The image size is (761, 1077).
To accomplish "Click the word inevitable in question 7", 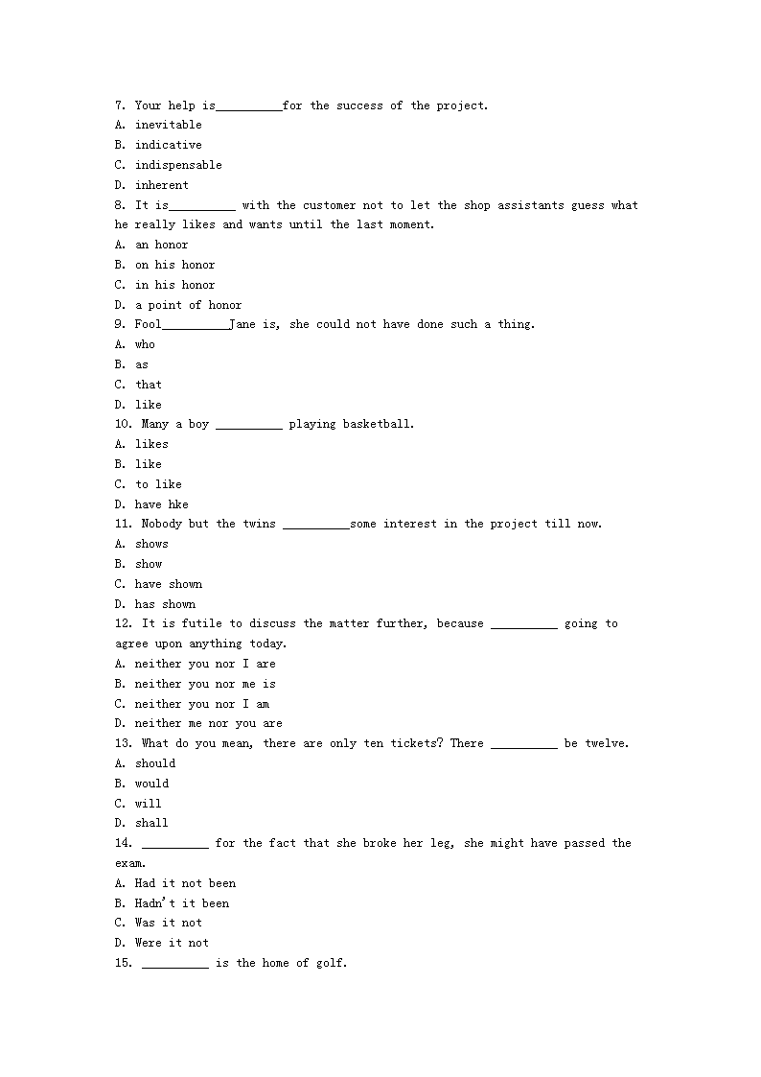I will (x=168, y=125).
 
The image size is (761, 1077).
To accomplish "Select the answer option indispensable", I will (x=178, y=165).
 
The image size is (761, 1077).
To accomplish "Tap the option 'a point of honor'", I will (x=188, y=305).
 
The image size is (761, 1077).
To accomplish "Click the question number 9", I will (x=120, y=324).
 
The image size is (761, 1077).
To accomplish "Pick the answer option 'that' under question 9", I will (x=149, y=385).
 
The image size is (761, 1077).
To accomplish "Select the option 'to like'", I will (x=158, y=484).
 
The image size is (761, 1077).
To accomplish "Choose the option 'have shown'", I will (x=169, y=584).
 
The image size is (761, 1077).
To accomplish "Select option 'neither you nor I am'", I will (x=202, y=704).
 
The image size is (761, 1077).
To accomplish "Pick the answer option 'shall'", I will (x=151, y=823).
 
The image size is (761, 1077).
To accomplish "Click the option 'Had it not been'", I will (x=185, y=883).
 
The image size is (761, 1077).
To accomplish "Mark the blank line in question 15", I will (x=175, y=966).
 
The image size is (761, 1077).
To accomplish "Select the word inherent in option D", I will (x=162, y=185).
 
